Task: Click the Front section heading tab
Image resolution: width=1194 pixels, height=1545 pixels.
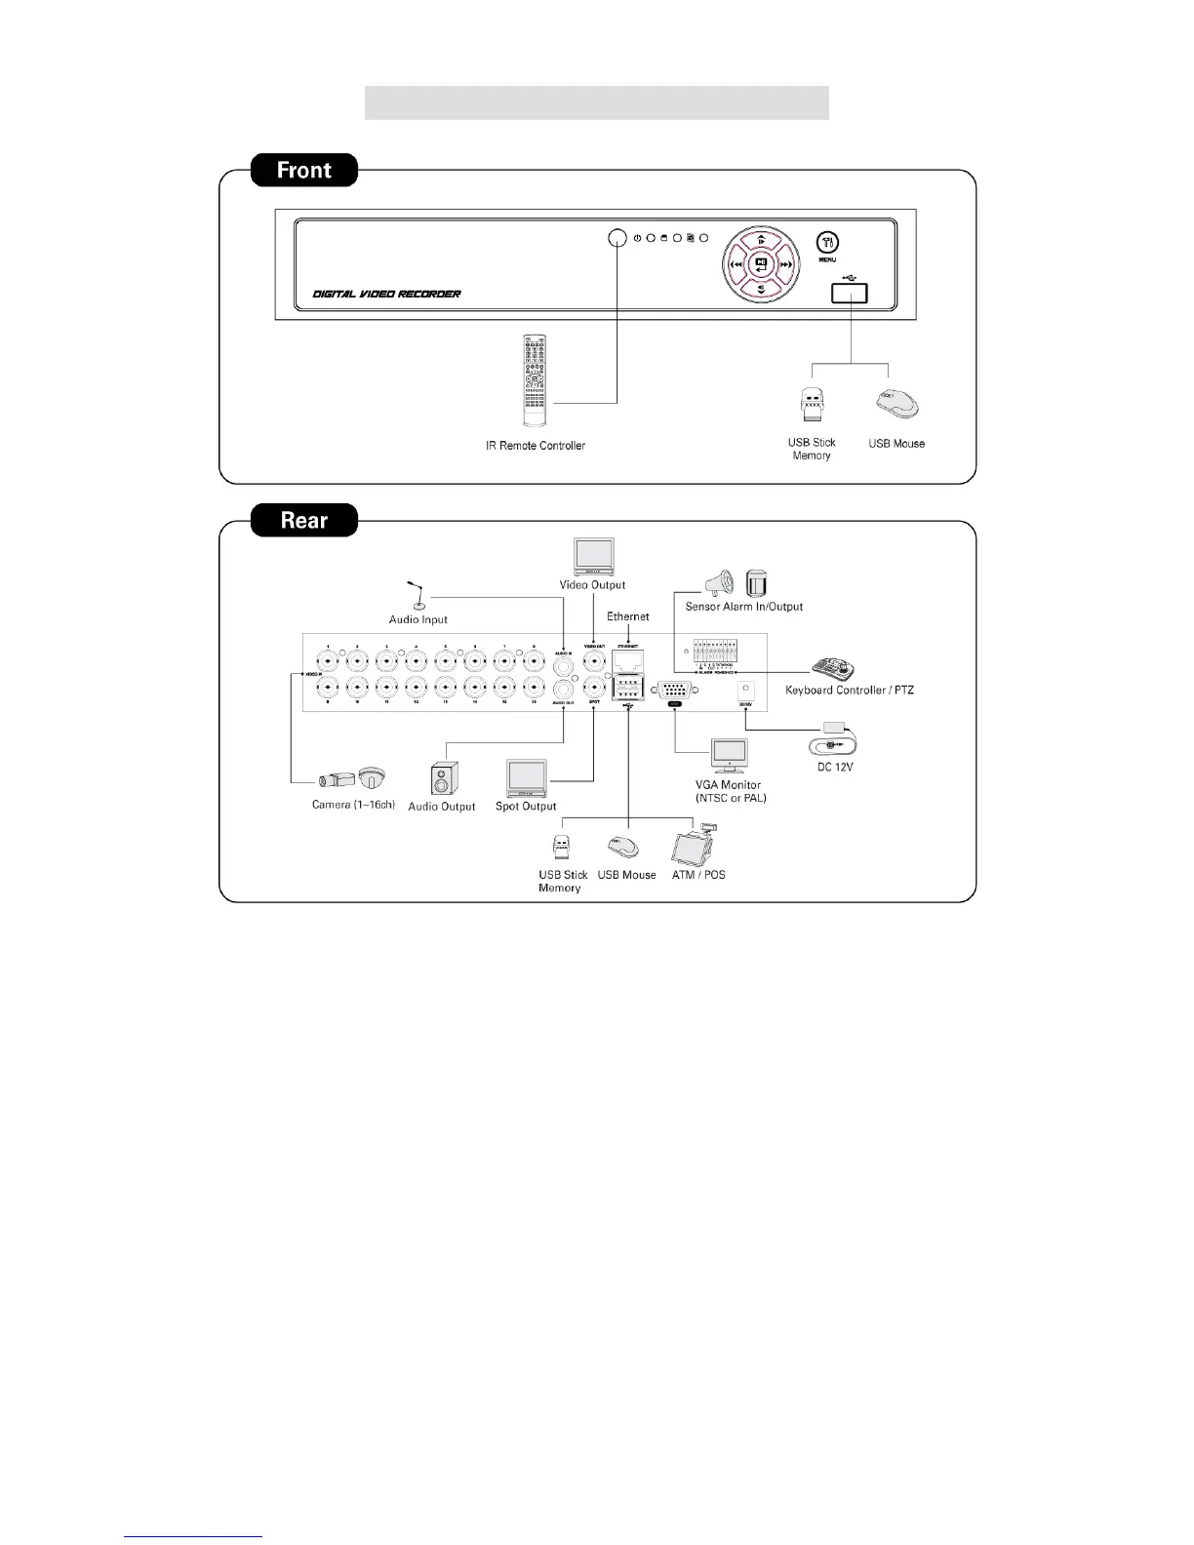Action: tap(304, 170)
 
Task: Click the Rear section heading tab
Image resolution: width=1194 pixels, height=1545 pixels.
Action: tap(304, 520)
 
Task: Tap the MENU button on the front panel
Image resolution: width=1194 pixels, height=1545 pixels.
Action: tap(826, 243)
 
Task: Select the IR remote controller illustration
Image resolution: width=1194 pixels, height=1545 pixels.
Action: tap(535, 380)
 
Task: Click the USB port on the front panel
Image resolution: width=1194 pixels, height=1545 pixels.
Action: tap(850, 293)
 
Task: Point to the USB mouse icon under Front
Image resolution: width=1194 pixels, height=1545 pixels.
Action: tap(897, 403)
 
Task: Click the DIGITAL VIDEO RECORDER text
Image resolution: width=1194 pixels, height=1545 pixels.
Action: tap(386, 294)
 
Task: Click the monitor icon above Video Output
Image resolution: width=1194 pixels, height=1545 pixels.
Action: tap(593, 557)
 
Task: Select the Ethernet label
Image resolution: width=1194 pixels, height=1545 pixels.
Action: tap(628, 616)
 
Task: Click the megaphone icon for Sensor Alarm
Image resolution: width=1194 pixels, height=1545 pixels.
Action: tap(718, 583)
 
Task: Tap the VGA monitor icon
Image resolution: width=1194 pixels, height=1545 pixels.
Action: tap(729, 757)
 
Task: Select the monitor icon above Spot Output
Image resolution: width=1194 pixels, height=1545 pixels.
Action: tap(526, 778)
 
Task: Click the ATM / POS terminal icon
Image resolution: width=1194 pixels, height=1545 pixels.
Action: tap(697, 845)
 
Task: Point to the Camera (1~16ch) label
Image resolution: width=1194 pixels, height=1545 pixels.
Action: tap(353, 805)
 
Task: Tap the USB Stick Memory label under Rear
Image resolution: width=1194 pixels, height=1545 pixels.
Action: tap(562, 881)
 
